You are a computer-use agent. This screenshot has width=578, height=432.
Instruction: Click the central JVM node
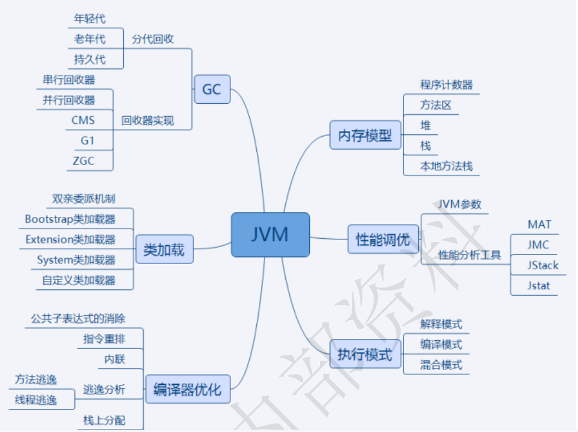click(270, 235)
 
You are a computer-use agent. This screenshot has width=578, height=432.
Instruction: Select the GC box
click(212, 90)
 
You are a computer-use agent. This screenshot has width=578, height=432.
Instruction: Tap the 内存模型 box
click(365, 135)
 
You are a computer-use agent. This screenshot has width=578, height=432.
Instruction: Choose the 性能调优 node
click(383, 239)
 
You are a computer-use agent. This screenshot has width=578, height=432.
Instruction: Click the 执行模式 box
click(365, 355)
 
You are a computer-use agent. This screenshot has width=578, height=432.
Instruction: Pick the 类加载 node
click(164, 250)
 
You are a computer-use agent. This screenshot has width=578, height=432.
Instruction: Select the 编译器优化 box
click(187, 390)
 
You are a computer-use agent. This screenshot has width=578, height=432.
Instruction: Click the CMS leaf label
click(83, 121)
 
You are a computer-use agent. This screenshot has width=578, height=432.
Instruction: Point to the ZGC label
click(83, 161)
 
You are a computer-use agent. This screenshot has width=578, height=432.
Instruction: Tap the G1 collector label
click(87, 141)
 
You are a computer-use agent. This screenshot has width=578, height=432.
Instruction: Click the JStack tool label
click(543, 265)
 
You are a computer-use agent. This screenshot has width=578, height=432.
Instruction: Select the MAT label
click(539, 225)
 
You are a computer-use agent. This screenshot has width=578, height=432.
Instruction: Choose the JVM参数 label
click(459, 205)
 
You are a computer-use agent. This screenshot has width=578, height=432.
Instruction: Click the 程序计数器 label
click(446, 85)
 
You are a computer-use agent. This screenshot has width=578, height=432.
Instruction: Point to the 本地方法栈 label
click(446, 166)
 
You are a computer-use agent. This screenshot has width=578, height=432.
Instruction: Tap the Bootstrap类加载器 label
click(70, 219)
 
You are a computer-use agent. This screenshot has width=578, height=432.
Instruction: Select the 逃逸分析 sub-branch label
click(104, 390)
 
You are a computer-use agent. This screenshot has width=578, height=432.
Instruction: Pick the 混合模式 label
click(441, 364)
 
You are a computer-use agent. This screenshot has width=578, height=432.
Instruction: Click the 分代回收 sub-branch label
click(153, 39)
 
